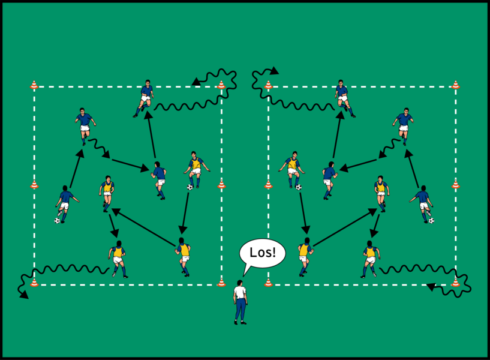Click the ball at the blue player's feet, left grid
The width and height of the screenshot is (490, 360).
[x=58, y=220]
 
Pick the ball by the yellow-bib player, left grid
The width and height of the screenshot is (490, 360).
[x=190, y=187]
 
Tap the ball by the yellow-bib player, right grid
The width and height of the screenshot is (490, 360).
[x=299, y=187]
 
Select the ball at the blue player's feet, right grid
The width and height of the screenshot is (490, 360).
[x=431, y=220]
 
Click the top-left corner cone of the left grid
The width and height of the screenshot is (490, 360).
[x=34, y=85]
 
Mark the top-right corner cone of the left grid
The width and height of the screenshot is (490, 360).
[x=221, y=85]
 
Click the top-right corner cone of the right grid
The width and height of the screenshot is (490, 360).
[x=455, y=85]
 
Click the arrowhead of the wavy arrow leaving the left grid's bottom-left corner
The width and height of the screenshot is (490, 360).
[x=25, y=296]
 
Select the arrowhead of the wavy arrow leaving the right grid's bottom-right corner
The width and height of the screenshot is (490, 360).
[x=430, y=287]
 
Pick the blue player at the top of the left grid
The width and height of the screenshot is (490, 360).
[x=146, y=96]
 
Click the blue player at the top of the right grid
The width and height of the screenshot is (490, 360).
[x=342, y=96]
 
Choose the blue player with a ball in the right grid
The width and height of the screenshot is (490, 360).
[x=423, y=201]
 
